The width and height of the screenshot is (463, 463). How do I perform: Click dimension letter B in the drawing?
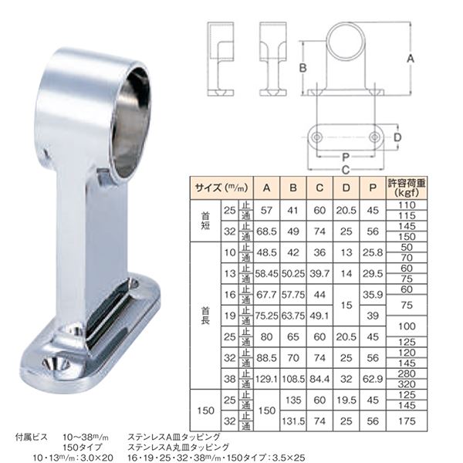[x=303, y=68]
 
